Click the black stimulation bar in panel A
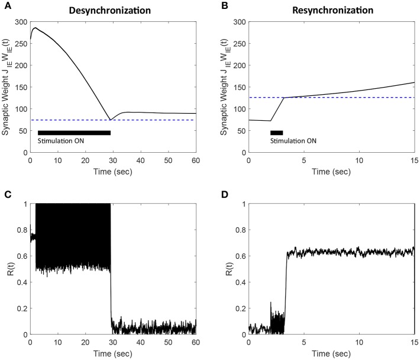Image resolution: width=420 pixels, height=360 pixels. click(74, 133)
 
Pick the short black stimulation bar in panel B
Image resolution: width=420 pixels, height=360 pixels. click(276, 133)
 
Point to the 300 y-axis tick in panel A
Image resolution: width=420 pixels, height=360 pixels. click(20, 22)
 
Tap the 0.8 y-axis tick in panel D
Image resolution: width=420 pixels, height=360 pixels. click(239, 230)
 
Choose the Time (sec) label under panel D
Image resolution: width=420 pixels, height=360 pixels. click(331, 354)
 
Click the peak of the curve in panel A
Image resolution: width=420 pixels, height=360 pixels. click(35, 28)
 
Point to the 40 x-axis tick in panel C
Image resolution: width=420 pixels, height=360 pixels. click(140, 343)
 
